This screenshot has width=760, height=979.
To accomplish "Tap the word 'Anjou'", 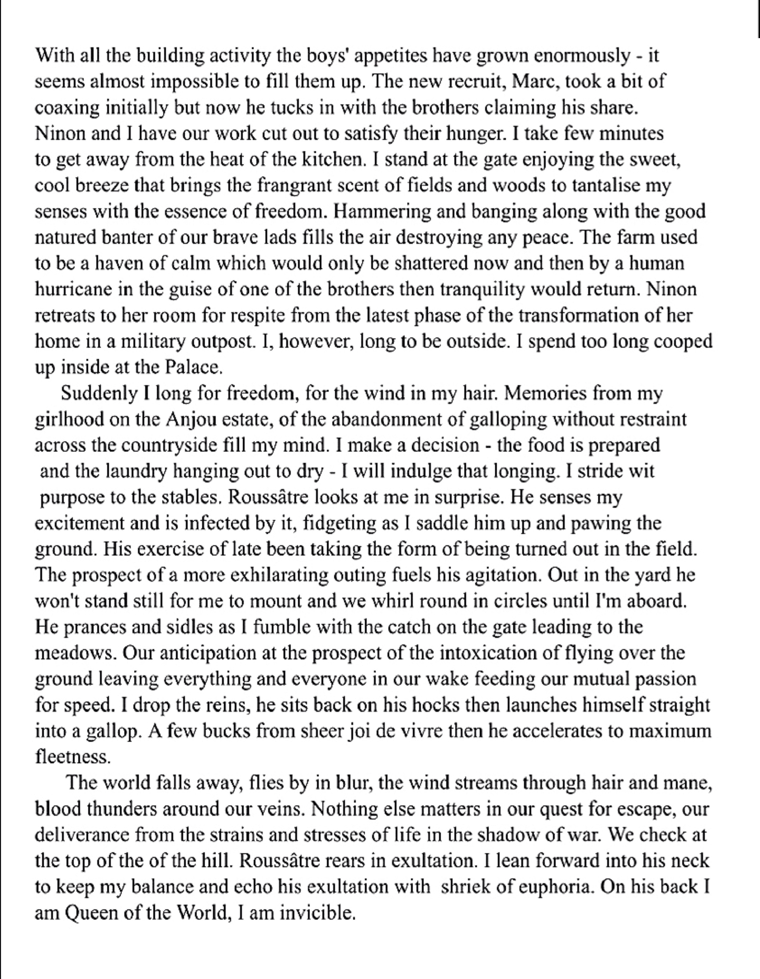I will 187,419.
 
